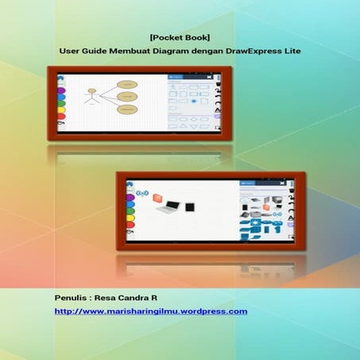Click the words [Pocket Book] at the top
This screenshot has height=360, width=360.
(179, 36)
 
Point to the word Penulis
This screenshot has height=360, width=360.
(72, 296)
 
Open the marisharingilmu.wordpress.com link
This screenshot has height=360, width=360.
(151, 311)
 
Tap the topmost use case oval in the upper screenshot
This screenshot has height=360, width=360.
(126, 83)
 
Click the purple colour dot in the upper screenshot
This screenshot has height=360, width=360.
(60, 90)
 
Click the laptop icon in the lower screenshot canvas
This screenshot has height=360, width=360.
(168, 207)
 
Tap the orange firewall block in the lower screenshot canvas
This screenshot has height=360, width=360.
(157, 197)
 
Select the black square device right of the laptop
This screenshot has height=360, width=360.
(189, 207)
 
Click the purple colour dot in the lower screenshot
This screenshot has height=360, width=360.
(130, 196)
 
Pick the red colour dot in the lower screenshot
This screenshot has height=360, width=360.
(130, 225)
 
